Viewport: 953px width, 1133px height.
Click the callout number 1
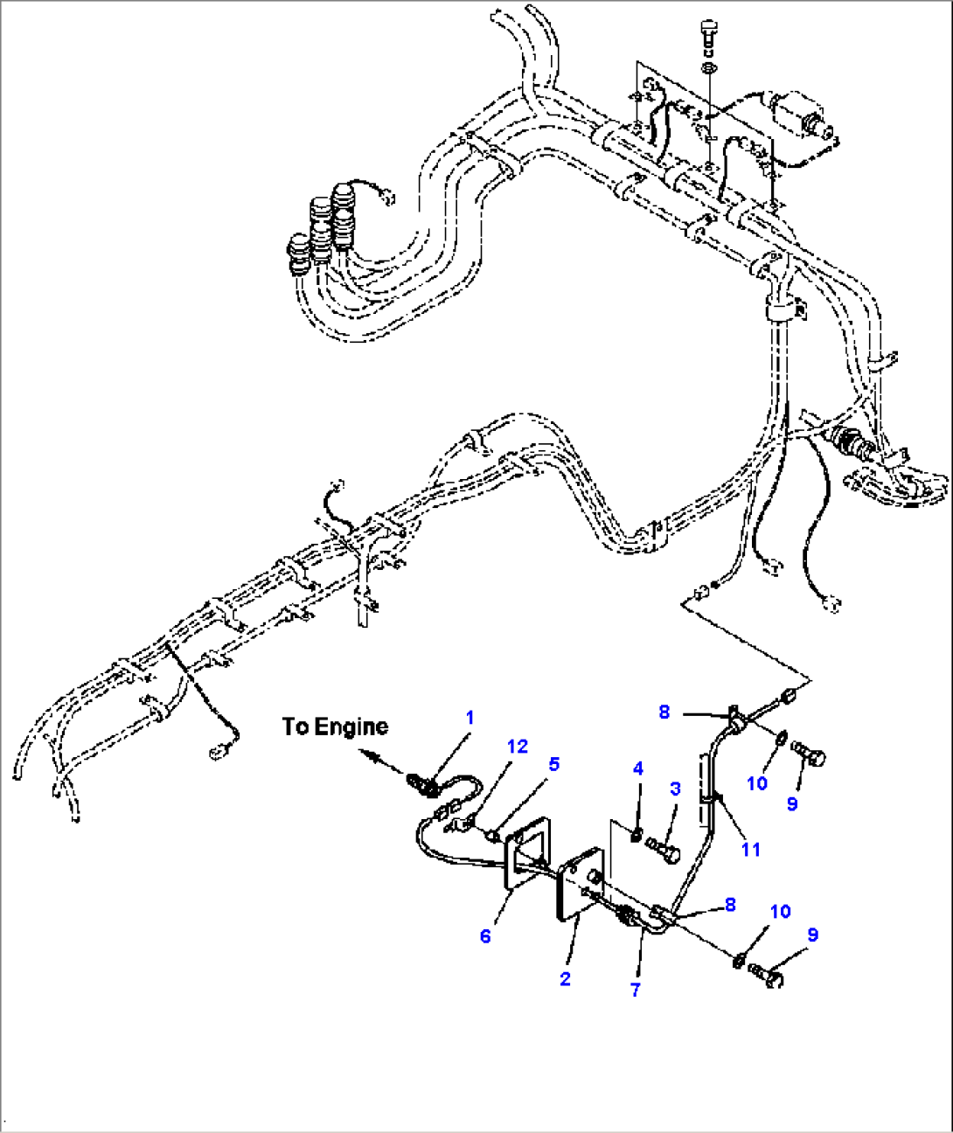470,718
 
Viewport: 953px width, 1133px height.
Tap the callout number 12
518,747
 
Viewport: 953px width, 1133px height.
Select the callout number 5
553,764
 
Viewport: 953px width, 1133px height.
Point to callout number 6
485,936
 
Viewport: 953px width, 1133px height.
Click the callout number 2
565,978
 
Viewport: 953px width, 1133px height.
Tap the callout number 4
638,768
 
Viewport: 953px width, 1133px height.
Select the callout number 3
675,789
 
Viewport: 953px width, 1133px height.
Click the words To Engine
335,726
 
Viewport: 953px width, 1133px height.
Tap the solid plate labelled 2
578,885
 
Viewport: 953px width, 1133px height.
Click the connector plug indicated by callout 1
426,785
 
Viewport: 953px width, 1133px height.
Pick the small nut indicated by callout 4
638,836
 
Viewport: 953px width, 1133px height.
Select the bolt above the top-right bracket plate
709,38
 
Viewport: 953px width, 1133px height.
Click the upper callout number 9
792,803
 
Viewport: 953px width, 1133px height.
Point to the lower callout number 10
780,912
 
